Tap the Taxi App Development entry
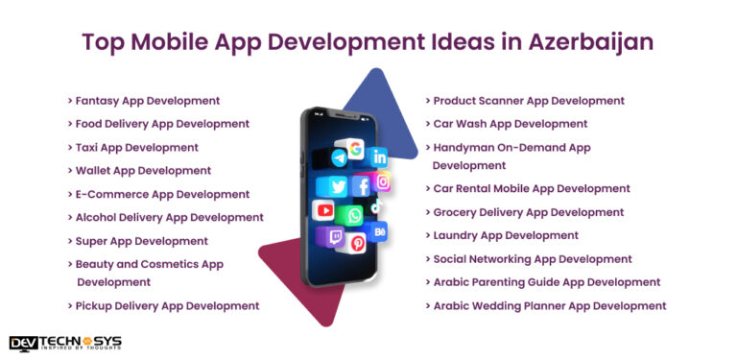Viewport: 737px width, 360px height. (137, 147)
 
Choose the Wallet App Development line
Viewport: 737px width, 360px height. (143, 170)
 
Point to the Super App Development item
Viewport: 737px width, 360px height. (142, 240)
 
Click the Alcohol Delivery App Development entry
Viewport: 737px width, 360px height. (169, 217)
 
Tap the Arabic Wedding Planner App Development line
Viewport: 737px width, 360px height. (550, 305)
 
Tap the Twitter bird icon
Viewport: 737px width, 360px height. (338, 186)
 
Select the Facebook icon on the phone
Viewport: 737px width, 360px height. (362, 186)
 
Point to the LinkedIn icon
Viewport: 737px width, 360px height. (380, 156)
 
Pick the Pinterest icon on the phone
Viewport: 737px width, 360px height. (358, 244)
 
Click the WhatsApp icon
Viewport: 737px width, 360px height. (354, 214)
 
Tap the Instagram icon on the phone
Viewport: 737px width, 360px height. (383, 181)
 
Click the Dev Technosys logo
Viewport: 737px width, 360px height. (65, 344)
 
